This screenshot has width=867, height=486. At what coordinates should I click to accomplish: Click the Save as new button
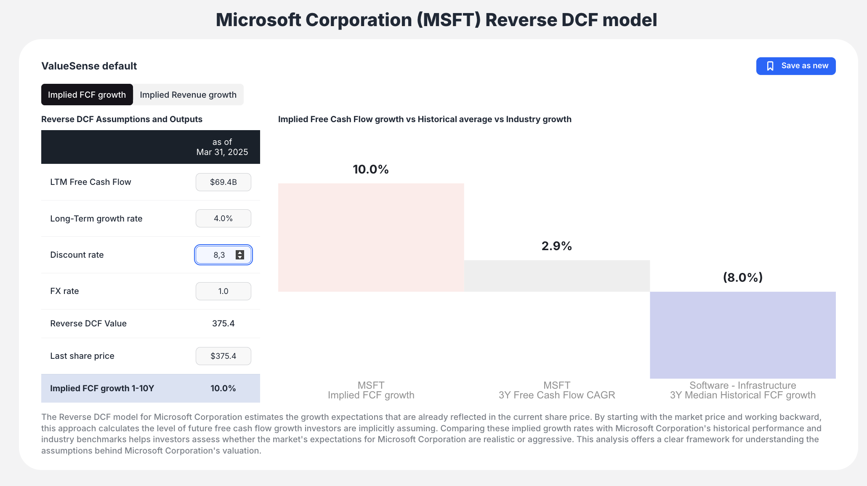click(795, 66)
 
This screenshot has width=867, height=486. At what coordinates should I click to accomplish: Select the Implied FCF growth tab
click(87, 95)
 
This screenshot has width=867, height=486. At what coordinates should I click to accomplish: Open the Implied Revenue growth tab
click(188, 95)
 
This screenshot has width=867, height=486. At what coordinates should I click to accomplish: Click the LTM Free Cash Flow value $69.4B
click(223, 182)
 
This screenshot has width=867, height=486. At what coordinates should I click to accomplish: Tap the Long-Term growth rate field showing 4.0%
click(223, 219)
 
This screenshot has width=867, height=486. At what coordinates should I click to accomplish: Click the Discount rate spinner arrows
click(240, 255)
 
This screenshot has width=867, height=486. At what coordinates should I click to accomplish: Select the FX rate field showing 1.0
click(223, 291)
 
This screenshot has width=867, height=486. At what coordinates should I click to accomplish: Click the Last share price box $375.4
click(223, 356)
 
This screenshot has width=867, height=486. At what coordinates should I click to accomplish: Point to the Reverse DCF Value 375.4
click(223, 323)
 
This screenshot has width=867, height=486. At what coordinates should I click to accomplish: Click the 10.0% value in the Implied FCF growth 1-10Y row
click(223, 388)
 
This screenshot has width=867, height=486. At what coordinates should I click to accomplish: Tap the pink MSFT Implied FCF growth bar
click(371, 237)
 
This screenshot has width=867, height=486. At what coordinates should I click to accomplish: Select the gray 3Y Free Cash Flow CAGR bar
click(556, 276)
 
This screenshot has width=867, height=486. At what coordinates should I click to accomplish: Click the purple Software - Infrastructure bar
click(742, 335)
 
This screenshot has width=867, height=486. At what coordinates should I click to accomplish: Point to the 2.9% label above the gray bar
click(556, 246)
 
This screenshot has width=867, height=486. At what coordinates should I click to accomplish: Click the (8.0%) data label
click(742, 278)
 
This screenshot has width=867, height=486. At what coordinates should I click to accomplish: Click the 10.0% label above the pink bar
click(370, 169)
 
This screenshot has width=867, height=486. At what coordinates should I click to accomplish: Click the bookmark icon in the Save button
click(770, 66)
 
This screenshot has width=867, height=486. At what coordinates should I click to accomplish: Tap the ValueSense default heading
click(89, 66)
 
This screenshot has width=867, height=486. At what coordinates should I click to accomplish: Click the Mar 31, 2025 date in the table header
click(222, 152)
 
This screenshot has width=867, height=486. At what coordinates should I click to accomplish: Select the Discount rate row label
click(77, 255)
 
